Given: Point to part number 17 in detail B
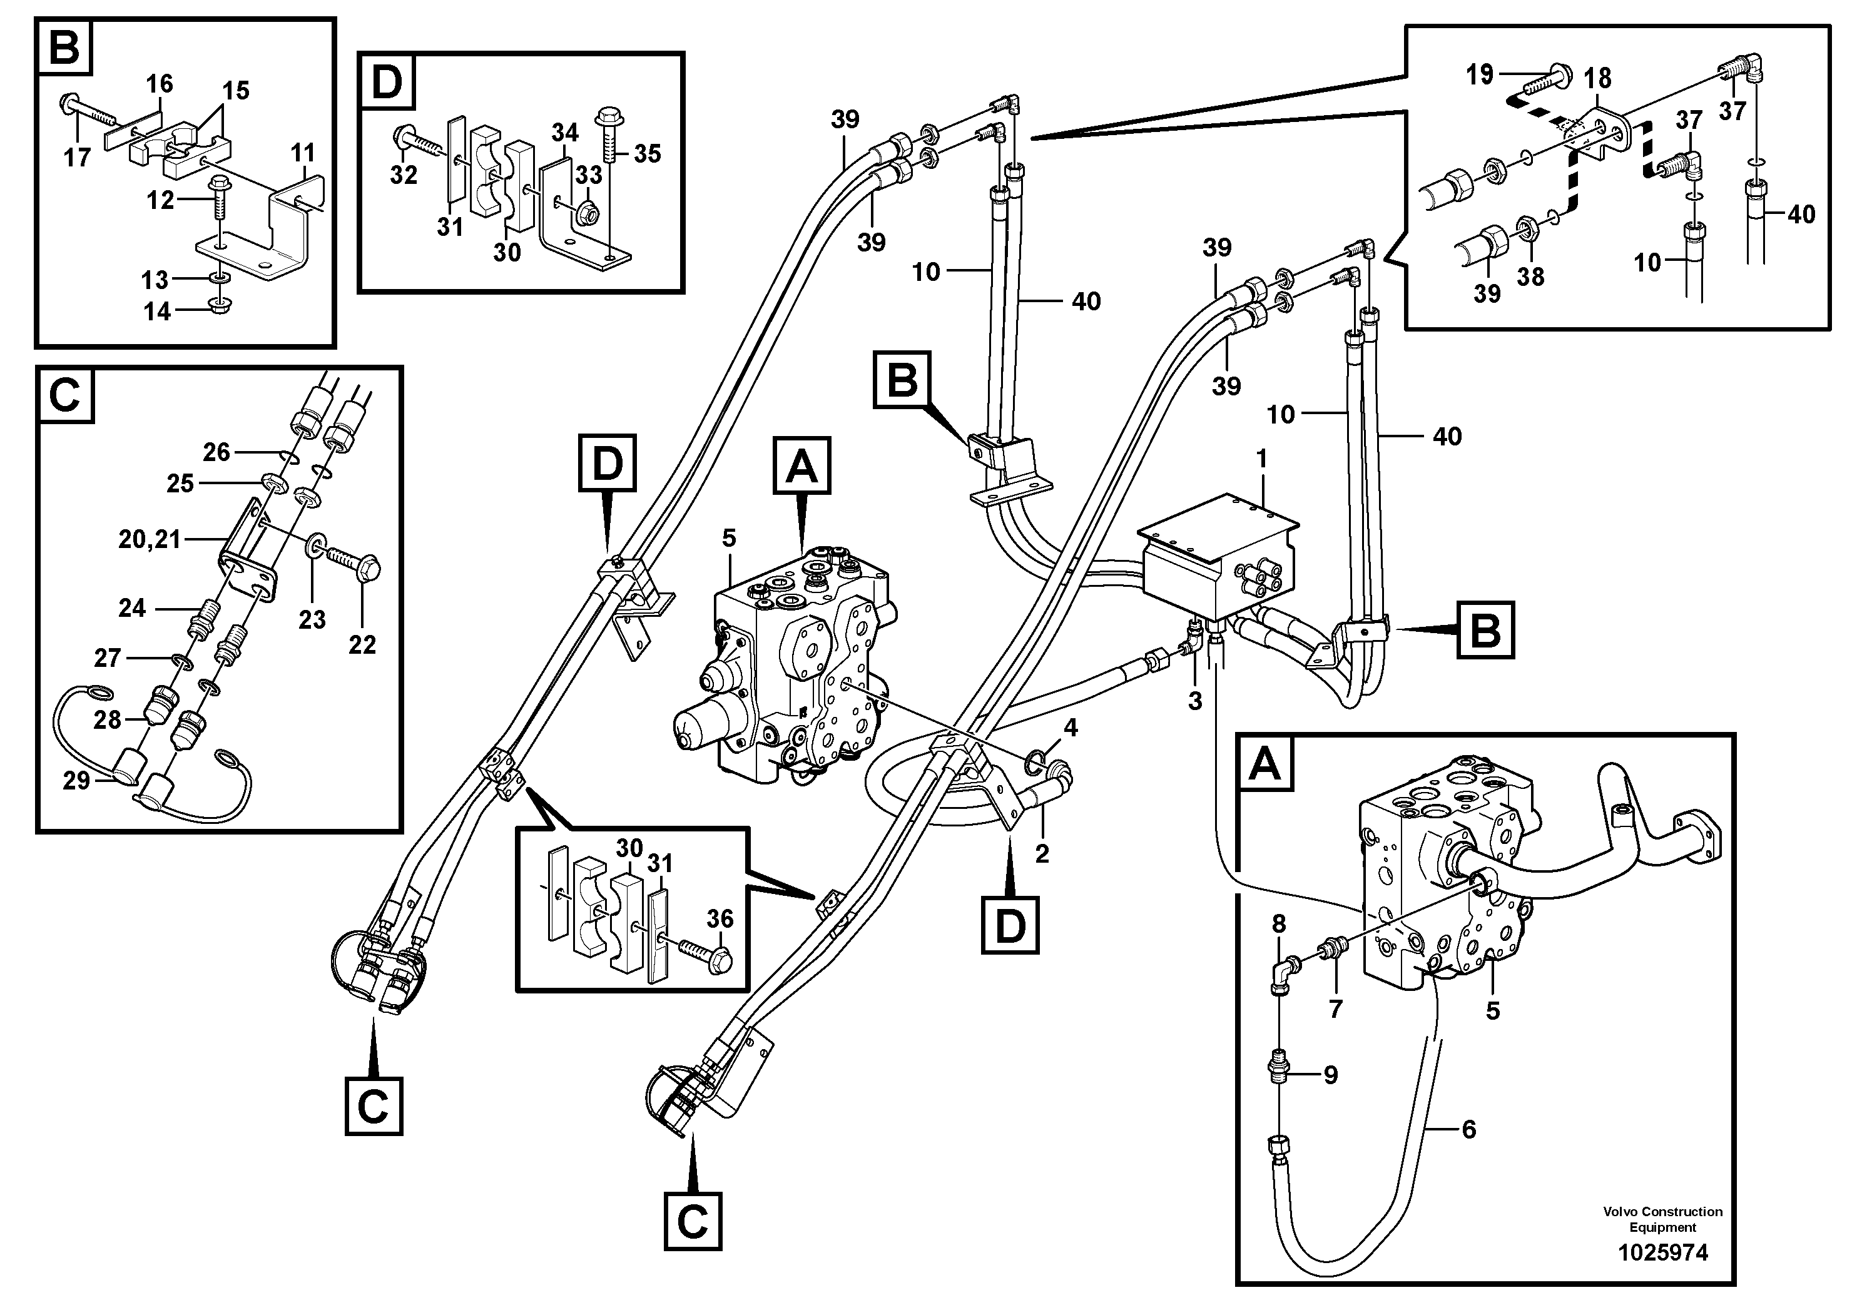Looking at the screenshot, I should pos(77,156).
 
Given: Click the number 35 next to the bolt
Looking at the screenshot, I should pos(646,153).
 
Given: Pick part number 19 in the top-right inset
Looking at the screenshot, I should pos(1479,74).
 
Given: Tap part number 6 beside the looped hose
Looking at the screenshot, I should pos(1468,1129).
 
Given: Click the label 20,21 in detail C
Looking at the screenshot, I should pos(149,539).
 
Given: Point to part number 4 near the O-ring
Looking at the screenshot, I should pos(1071,728).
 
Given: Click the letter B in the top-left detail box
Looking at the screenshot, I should pos(64,48).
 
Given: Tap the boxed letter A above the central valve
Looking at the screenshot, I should pos(802,465).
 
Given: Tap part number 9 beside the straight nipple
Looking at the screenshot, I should pos(1330,1075).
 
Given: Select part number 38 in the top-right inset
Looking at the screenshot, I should pos(1530,277).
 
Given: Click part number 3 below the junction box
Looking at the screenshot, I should pos(1194,701).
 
